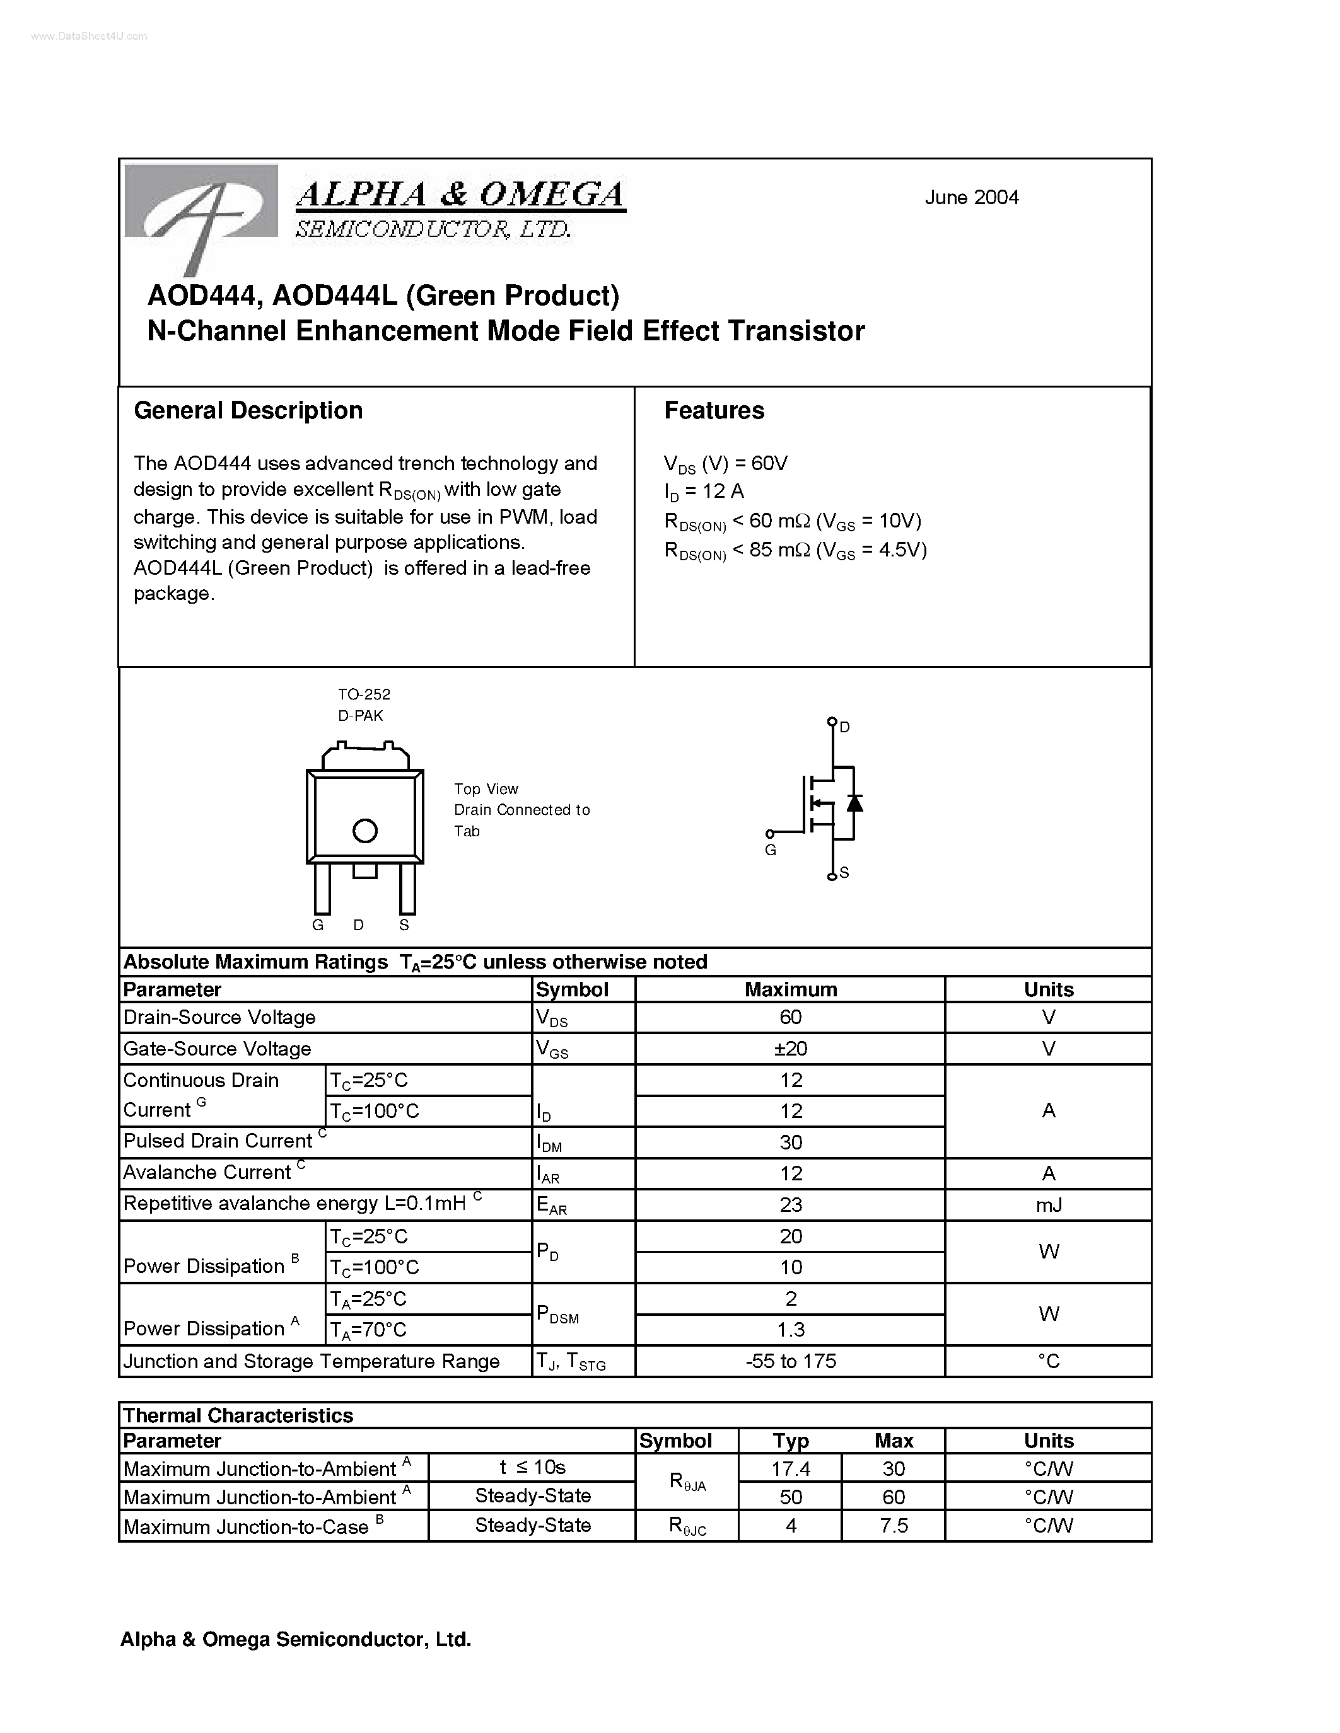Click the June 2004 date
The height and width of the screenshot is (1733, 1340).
[971, 198]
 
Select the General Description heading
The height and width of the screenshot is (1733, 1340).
[248, 410]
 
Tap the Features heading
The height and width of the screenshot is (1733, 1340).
[714, 410]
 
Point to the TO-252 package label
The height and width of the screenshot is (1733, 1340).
[364, 694]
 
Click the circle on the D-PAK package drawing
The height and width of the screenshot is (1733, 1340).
[364, 831]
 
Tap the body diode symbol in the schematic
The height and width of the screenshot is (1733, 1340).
[854, 802]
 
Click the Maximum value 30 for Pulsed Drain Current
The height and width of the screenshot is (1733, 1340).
[791, 1142]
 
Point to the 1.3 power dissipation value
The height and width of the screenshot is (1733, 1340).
[791, 1329]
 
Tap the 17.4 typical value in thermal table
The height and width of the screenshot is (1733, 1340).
[791, 1469]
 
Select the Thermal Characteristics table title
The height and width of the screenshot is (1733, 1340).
[238, 1415]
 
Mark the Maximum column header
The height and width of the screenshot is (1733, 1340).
[791, 989]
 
